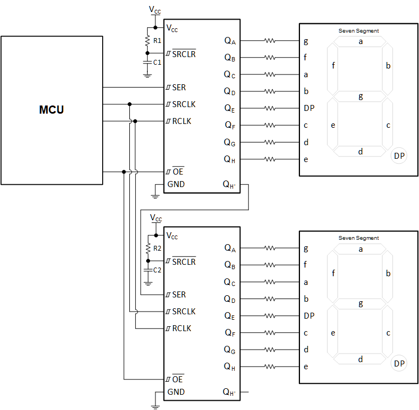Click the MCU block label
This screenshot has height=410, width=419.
(52, 110)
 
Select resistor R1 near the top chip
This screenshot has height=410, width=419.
(147, 41)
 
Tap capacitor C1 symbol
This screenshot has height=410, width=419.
(147, 63)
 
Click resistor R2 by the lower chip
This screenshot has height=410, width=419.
(147, 249)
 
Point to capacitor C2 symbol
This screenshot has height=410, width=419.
(147, 270)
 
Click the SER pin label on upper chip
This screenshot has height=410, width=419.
(179, 87)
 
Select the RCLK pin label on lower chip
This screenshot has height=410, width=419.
(182, 328)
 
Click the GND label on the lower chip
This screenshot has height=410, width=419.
(176, 392)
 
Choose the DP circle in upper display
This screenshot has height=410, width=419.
(399, 156)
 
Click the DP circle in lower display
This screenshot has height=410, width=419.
(399, 363)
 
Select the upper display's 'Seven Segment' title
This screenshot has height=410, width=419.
(359, 31)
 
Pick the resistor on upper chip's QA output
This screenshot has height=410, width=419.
(270, 41)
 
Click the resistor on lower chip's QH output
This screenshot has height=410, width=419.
(270, 366)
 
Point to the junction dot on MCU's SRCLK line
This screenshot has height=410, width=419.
(129, 104)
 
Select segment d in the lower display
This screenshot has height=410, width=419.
(360, 359)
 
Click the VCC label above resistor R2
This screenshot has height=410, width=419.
(156, 219)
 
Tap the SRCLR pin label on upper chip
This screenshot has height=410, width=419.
(184, 54)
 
